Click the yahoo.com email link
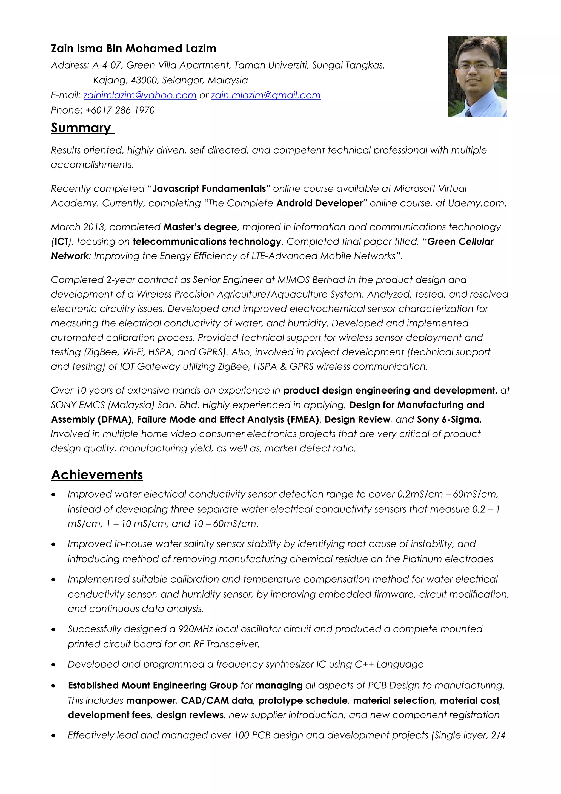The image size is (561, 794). pyautogui.click(x=140, y=95)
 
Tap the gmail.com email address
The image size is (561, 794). pyautogui.click(x=266, y=95)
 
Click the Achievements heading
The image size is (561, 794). pyautogui.click(x=97, y=474)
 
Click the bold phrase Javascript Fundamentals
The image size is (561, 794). pyautogui.click(x=209, y=188)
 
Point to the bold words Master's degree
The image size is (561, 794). pyautogui.click(x=200, y=227)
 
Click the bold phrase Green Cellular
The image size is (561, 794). pyautogui.click(x=460, y=241)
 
